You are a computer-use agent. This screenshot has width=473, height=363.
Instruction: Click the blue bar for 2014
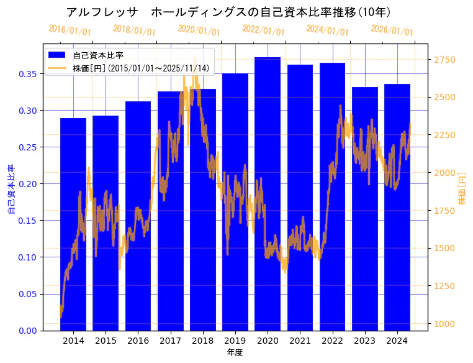73,224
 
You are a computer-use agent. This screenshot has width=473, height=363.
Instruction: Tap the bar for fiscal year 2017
170,211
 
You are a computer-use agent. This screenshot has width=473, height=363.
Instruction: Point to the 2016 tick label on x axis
138,341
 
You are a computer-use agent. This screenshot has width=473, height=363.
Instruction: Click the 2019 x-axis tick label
235,341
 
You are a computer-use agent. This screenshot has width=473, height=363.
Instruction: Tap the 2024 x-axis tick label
397,341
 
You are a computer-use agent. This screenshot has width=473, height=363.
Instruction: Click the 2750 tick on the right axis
444,60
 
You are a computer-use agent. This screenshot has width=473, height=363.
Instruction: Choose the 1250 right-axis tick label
444,286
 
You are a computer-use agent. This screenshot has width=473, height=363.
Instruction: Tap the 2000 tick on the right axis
444,173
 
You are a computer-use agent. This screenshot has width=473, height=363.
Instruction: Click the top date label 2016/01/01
70,30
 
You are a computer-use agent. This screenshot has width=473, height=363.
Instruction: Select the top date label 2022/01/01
263,30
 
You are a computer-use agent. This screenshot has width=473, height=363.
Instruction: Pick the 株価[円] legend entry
140,68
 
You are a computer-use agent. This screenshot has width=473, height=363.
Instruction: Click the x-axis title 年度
235,352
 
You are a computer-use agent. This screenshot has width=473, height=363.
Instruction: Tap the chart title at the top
228,12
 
